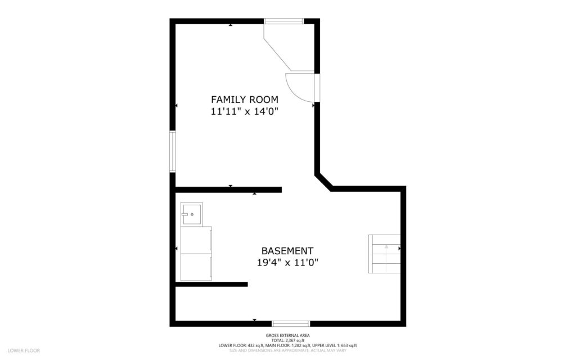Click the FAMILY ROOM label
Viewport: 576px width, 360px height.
(x=244, y=100)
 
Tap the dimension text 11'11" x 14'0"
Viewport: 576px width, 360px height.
(x=244, y=111)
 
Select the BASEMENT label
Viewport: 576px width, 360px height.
(x=287, y=251)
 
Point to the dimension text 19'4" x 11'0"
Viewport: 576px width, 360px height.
(x=287, y=262)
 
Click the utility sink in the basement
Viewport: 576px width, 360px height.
(x=191, y=214)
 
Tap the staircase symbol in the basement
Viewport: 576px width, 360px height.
(x=384, y=254)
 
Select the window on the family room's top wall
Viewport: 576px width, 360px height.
(x=284, y=21)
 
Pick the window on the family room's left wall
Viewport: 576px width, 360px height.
(x=173, y=151)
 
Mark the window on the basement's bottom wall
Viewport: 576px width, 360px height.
(x=291, y=323)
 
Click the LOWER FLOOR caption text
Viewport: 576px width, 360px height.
(x=24, y=350)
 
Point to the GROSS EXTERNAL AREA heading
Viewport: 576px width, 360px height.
(x=287, y=335)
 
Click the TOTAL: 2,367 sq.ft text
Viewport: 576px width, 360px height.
(x=287, y=340)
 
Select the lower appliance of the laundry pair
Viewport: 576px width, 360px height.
(x=196, y=267)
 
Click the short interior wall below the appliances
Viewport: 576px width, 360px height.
(x=211, y=284)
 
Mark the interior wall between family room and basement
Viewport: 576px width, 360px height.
(x=228, y=190)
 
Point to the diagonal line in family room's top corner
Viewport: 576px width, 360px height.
(x=278, y=48)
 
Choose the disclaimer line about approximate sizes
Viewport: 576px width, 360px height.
(x=287, y=350)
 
